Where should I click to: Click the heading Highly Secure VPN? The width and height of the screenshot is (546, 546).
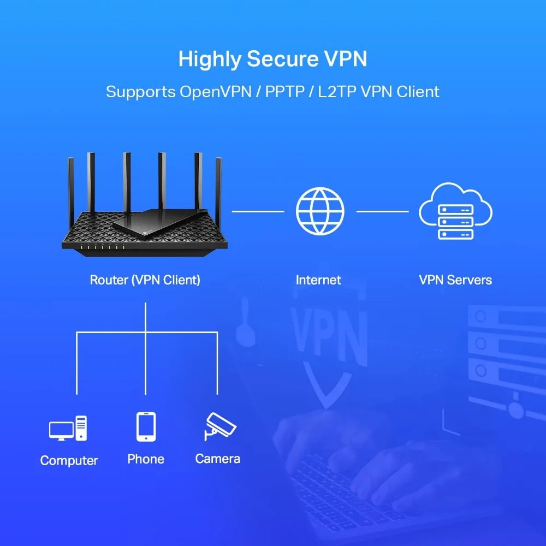click(272, 59)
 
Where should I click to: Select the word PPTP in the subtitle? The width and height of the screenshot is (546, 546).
click(285, 91)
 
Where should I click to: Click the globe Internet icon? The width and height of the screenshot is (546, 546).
click(320, 211)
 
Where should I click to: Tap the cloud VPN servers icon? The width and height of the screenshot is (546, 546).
click(455, 211)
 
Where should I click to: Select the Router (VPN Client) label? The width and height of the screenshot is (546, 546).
click(145, 280)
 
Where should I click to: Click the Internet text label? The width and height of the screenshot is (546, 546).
click(318, 280)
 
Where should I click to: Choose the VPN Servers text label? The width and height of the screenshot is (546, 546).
click(455, 280)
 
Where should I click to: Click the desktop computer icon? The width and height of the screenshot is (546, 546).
click(68, 429)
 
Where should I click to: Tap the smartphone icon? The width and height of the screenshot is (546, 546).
click(146, 426)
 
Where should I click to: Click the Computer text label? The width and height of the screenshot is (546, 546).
click(69, 460)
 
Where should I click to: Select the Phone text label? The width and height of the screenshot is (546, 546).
click(146, 459)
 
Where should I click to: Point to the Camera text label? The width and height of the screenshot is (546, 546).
click(218, 459)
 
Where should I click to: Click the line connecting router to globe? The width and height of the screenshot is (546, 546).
click(258, 211)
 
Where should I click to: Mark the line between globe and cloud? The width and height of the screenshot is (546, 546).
click(382, 211)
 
